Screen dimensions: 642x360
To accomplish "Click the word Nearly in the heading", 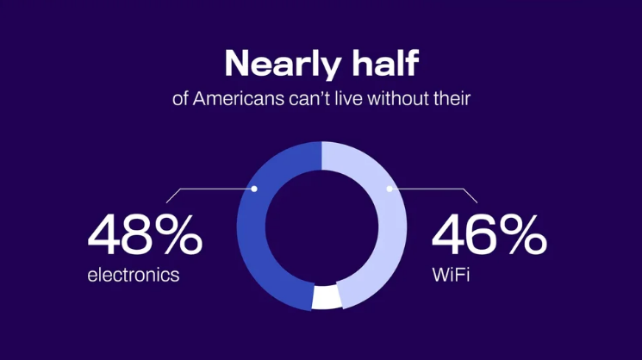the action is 283,65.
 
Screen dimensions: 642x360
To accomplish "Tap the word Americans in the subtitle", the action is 239,98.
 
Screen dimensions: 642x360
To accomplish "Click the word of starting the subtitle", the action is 180,98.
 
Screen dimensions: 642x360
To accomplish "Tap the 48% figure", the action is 145,235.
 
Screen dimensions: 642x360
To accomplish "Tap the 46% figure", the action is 489,235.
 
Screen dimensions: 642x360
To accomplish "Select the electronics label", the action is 134,275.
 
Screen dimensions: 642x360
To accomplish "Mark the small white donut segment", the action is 327,297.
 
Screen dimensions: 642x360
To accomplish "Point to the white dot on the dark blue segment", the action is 254,189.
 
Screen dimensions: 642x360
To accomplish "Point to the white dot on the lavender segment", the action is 390,189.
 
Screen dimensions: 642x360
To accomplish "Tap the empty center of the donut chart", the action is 321,226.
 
